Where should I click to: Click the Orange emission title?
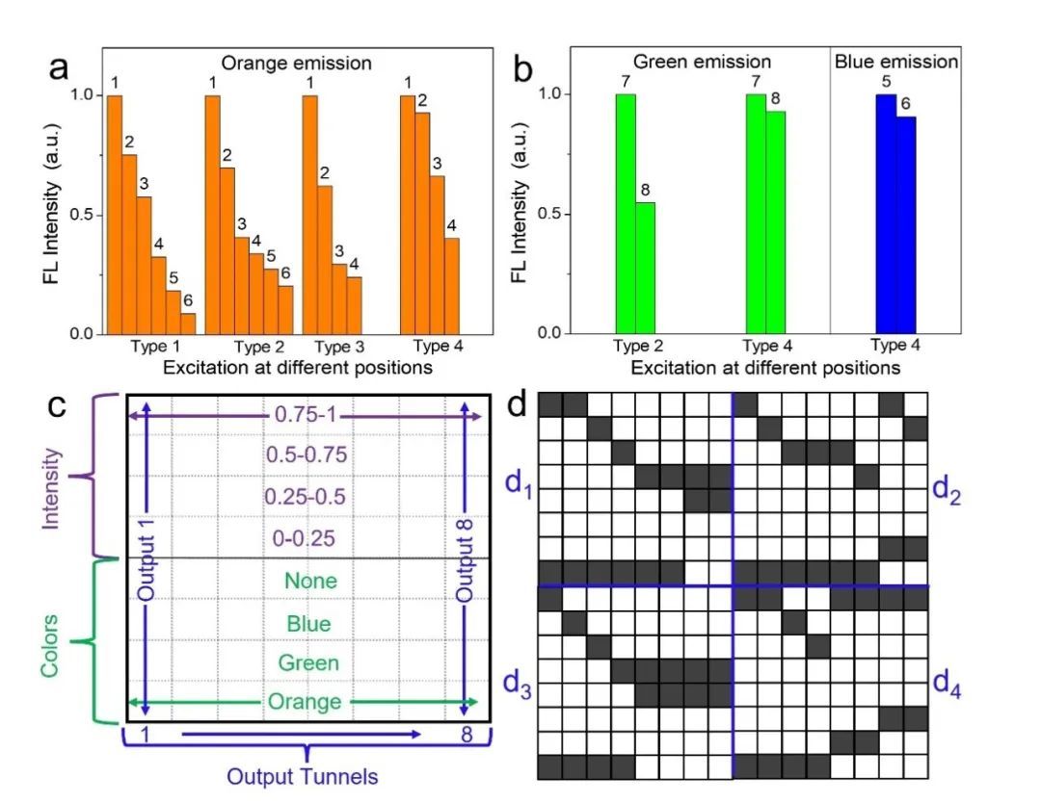coord(297,64)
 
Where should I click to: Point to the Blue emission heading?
coord(895,63)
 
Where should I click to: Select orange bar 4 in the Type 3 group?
coord(354,305)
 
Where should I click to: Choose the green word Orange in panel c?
coord(309,702)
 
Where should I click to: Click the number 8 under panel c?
coord(466,737)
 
